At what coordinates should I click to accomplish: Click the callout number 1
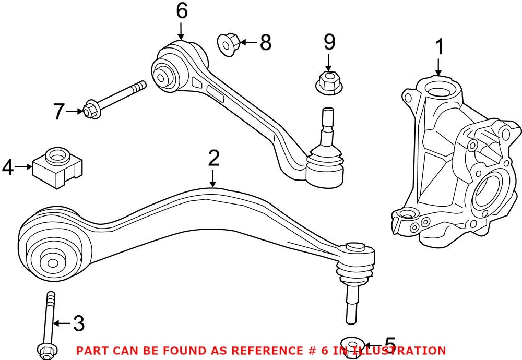[440, 47]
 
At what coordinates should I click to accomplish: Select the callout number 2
[213, 158]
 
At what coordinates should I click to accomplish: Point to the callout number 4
[8, 167]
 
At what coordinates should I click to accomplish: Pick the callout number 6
[181, 11]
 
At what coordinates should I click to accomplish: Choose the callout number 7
[60, 111]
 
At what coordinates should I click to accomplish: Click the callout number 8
[265, 42]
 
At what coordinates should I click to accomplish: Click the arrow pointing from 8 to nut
[249, 42]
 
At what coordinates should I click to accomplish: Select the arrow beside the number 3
[61, 324]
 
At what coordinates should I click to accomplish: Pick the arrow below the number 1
[439, 67]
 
